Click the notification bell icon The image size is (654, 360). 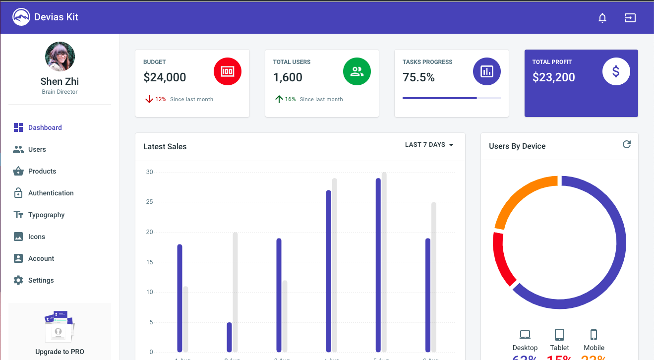click(602, 18)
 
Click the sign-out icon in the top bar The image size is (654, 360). click(630, 18)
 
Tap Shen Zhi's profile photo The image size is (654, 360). click(60, 57)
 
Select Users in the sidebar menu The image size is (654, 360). click(37, 149)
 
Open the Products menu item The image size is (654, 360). click(42, 171)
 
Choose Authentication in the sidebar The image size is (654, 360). click(51, 193)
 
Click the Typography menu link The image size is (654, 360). click(46, 215)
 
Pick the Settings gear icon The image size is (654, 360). click(18, 280)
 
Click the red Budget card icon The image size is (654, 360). click(227, 71)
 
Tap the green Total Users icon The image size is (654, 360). click(357, 71)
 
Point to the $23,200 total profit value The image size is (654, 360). click(553, 77)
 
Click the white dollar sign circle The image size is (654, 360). click(616, 71)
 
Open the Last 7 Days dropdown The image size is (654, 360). click(429, 145)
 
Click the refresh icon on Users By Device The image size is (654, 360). click(627, 144)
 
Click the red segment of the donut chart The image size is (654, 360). click(502, 258)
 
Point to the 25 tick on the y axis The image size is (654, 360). click(149, 202)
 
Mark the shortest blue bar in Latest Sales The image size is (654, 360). click(229, 337)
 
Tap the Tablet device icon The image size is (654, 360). click(559, 335)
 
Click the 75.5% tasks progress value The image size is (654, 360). click(418, 77)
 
